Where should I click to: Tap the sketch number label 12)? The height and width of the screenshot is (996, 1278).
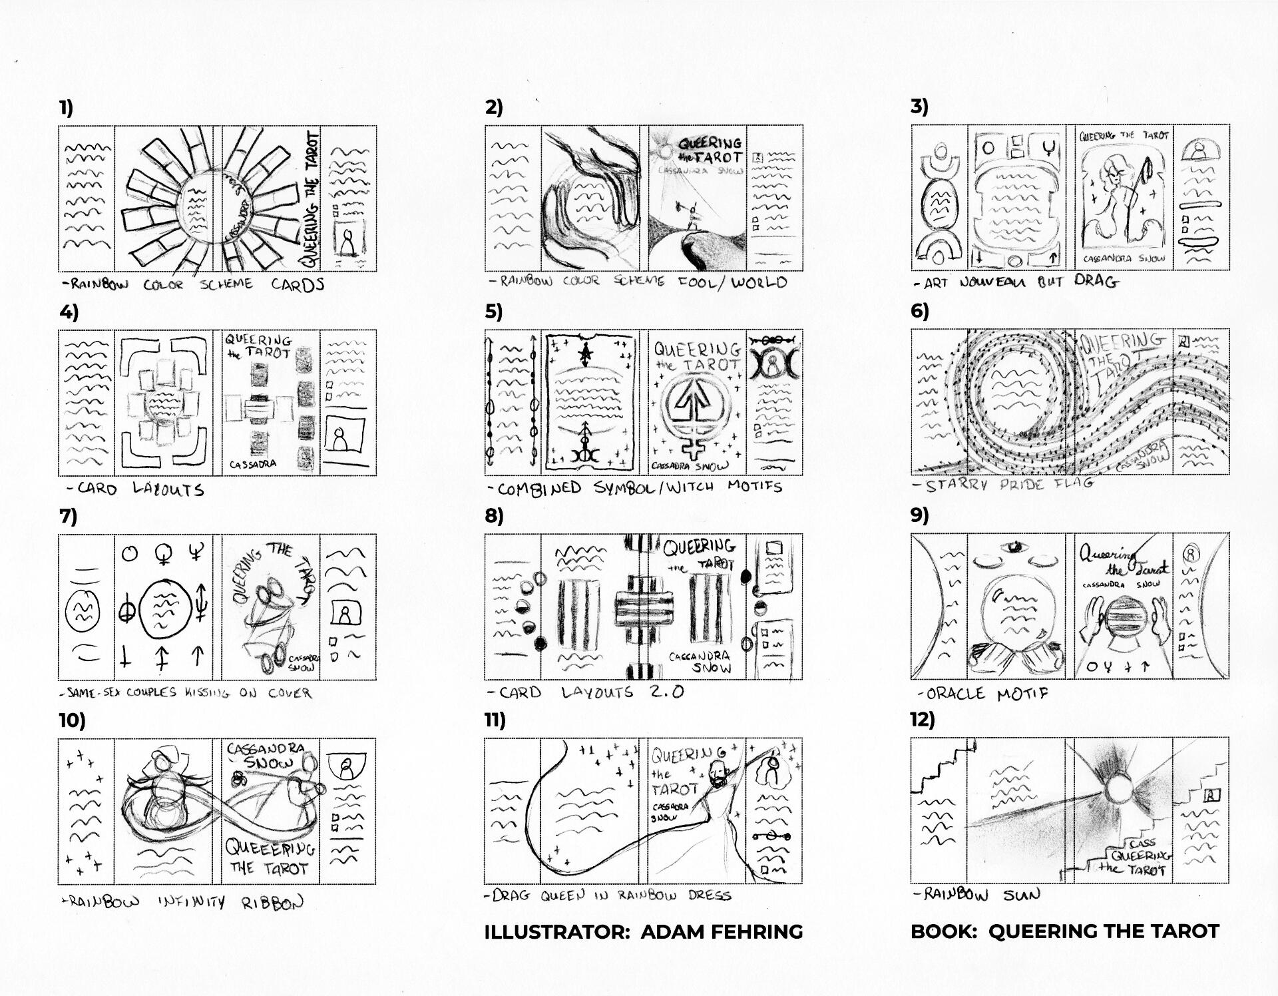point(923,720)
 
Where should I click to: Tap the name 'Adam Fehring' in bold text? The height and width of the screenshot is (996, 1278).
point(722,931)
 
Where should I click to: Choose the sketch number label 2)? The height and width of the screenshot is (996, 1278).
point(494,107)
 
